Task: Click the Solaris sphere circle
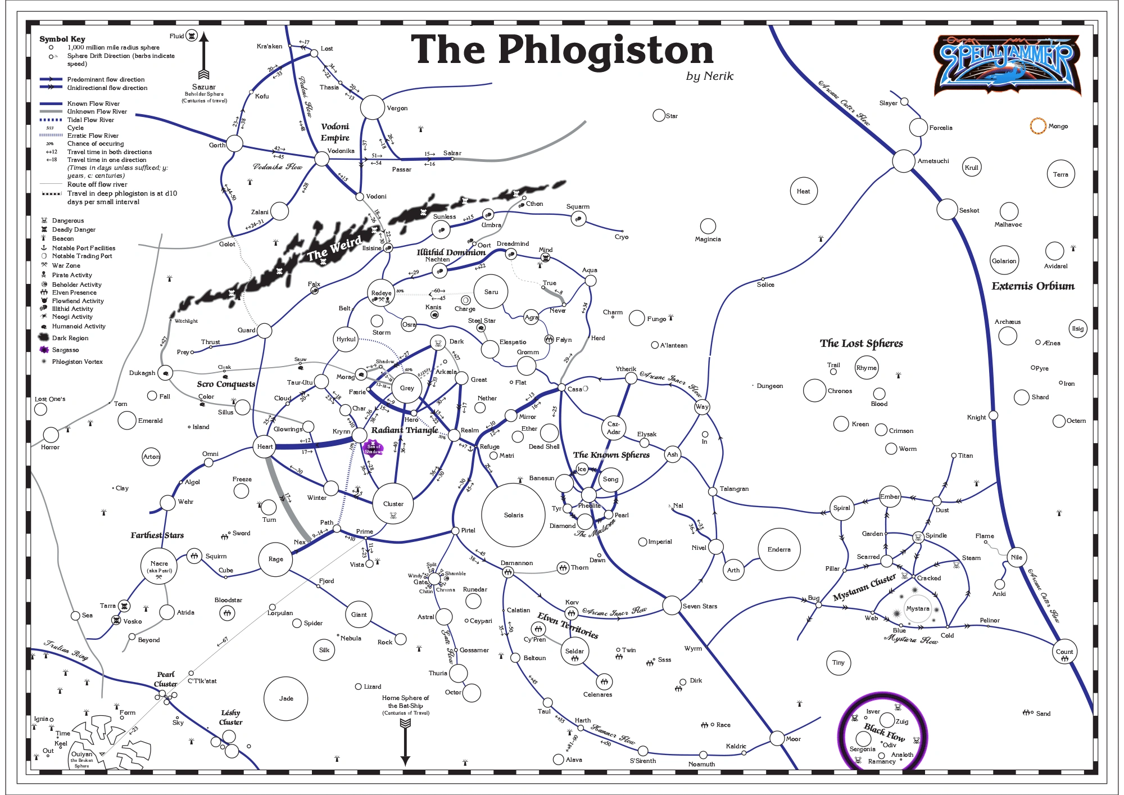click(513, 515)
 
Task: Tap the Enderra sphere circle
click(779, 549)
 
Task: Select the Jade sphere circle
click(286, 698)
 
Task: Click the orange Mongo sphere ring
click(1038, 126)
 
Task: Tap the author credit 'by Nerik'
click(709, 76)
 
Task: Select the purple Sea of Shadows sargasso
click(373, 449)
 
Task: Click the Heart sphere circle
click(265, 446)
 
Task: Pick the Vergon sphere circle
click(372, 107)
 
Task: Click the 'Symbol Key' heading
click(62, 39)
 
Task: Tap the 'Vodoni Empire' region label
click(335, 132)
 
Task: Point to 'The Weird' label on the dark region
click(334, 248)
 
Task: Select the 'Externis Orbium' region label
click(1032, 286)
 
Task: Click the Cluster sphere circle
click(393, 503)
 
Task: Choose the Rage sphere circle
click(275, 559)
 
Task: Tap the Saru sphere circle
click(491, 292)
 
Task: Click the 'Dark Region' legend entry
click(70, 338)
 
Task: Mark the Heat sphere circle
click(803, 191)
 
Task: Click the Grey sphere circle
click(407, 388)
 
